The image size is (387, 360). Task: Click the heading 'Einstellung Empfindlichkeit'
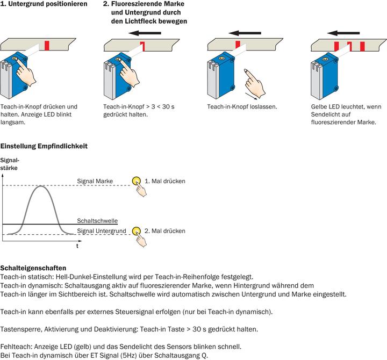pyautogui.click(x=44, y=146)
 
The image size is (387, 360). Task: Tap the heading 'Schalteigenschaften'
pyautogui.click(x=33, y=267)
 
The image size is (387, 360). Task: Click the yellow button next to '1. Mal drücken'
pyautogui.click(x=136, y=181)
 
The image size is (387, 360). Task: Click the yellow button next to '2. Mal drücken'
pyautogui.click(x=136, y=231)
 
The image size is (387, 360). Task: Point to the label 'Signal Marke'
pyautogui.click(x=95, y=182)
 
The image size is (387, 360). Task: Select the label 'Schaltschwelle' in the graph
pyautogui.click(x=97, y=221)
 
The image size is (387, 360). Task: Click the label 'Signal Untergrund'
pyautogui.click(x=102, y=231)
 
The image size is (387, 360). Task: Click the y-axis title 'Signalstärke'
pyautogui.click(x=10, y=164)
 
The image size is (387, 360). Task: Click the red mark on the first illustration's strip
pyautogui.click(x=48, y=44)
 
